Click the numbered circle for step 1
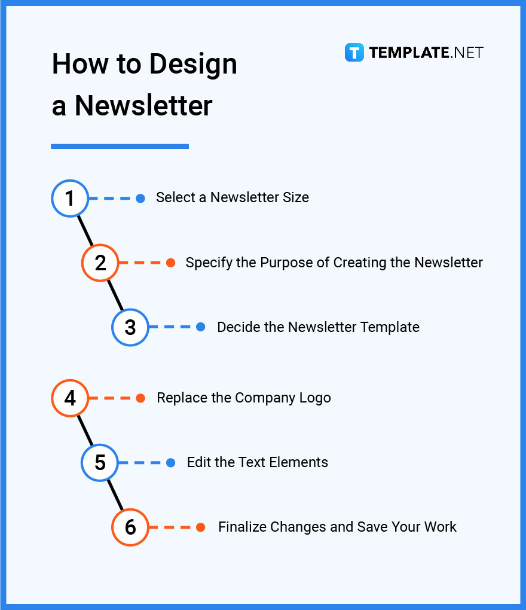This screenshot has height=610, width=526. [70, 198]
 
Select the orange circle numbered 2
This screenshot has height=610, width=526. [100, 263]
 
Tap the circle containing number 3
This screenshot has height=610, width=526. [130, 327]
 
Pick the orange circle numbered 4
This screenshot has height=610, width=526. [70, 398]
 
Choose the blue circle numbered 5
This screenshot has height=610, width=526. [100, 462]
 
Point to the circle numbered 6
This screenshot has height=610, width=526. [130, 527]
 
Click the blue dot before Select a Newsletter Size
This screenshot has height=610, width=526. [140, 198]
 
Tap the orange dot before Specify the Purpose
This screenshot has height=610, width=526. [170, 263]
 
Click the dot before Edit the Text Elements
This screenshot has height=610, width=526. [170, 462]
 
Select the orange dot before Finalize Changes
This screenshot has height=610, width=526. [201, 527]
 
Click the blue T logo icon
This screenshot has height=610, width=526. [354, 53]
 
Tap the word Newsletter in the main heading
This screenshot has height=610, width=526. [143, 105]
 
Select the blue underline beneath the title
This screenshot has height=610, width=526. [120, 146]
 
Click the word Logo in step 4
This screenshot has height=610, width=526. [314, 398]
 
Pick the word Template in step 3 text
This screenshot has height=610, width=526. [391, 327]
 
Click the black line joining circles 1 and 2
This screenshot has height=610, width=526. [85, 230]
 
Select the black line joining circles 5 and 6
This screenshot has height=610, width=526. [115, 495]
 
